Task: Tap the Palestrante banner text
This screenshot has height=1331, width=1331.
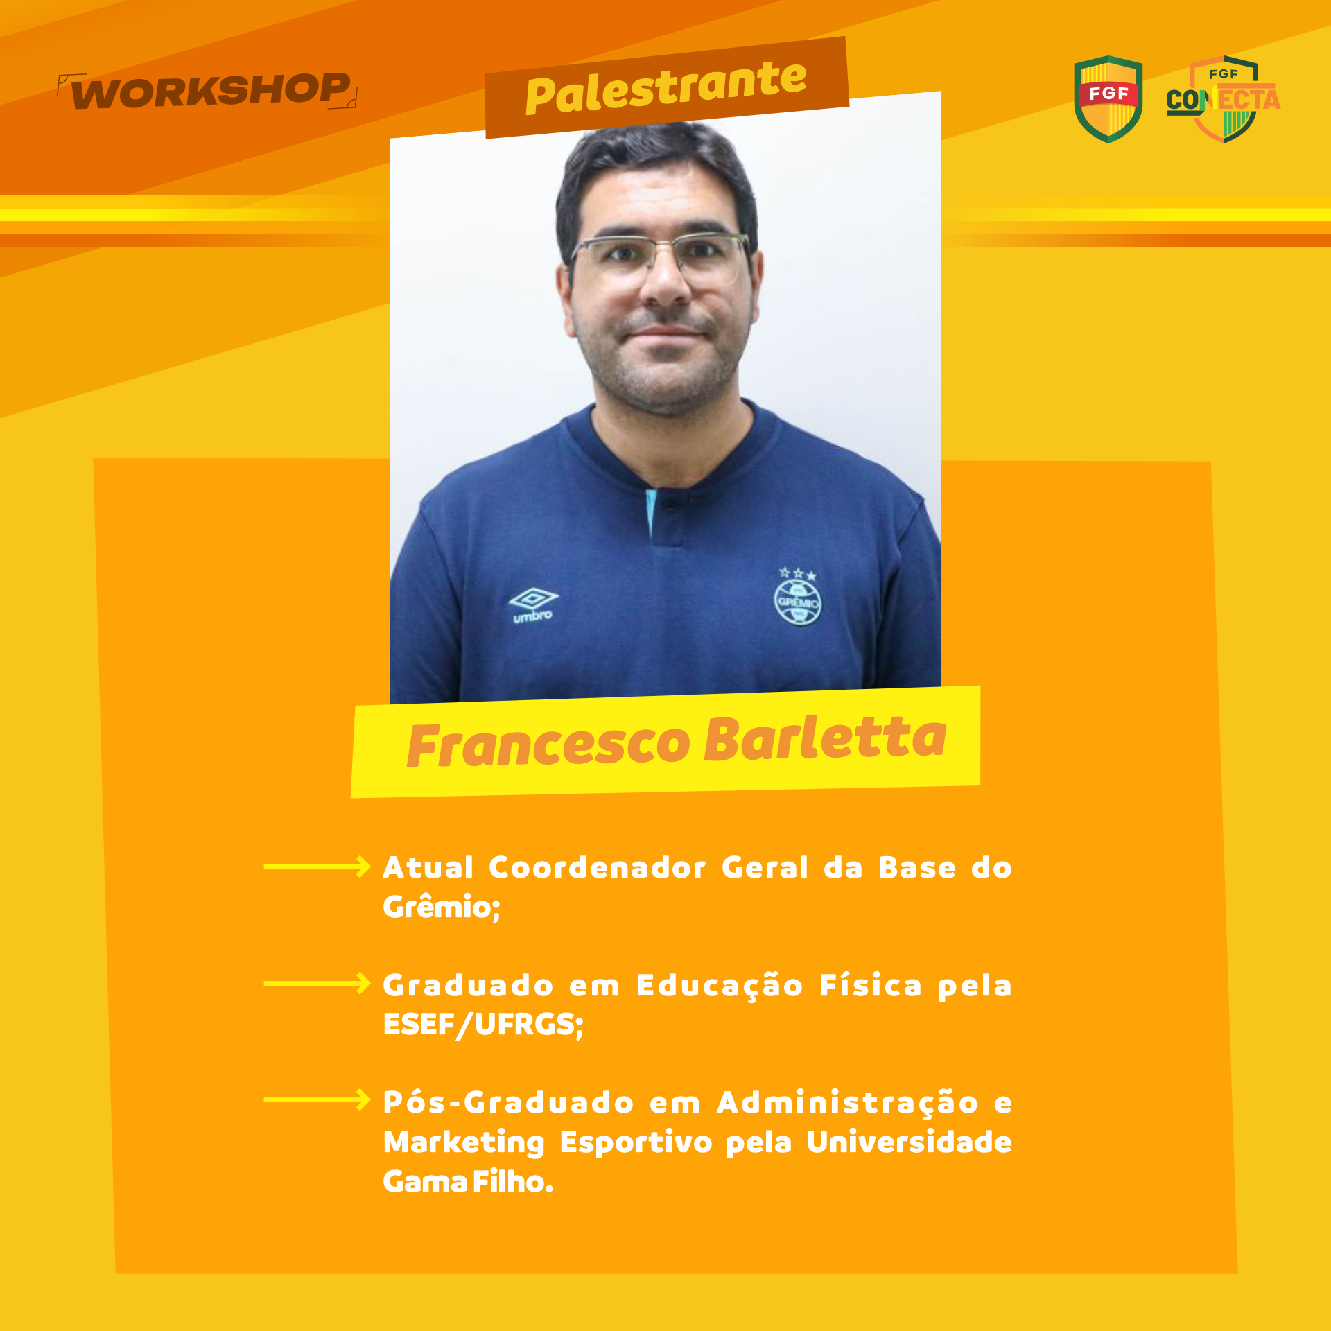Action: click(666, 87)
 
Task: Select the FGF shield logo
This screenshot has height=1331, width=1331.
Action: click(1108, 99)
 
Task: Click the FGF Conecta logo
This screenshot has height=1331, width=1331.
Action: click(1224, 99)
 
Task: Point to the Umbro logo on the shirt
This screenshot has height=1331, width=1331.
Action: click(533, 605)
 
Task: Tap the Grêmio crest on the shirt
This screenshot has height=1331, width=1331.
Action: click(797, 598)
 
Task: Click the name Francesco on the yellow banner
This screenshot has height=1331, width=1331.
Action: click(548, 745)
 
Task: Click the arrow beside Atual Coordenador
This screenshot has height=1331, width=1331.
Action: click(317, 867)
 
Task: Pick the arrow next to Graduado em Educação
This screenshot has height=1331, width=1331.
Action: click(317, 983)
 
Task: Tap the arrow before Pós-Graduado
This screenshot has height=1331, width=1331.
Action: click(317, 1099)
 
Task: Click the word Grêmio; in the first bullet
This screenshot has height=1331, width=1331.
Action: click(442, 907)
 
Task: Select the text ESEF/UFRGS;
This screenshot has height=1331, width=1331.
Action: click(483, 1025)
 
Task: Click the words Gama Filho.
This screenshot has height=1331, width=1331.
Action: click(469, 1181)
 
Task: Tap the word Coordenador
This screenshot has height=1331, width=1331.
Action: click(598, 868)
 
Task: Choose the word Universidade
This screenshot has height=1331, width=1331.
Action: click(909, 1142)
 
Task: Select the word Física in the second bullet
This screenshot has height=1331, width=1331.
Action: click(871, 985)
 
